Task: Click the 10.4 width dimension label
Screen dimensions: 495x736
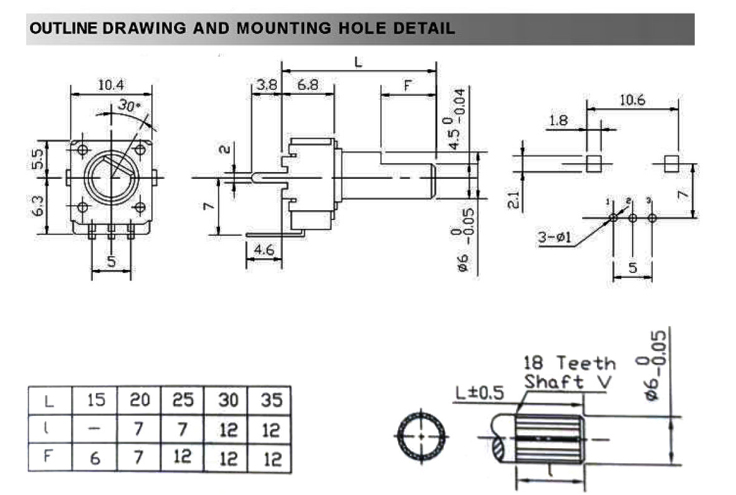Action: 111,85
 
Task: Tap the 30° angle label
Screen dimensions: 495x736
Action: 130,107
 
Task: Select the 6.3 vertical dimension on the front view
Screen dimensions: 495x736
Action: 39,206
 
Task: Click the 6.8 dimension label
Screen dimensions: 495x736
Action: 307,85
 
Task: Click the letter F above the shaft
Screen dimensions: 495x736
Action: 408,86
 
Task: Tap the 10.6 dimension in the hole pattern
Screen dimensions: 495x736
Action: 632,100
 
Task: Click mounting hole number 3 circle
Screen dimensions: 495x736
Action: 652,218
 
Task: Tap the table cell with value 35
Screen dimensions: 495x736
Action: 272,400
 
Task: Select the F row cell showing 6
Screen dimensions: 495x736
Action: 95,458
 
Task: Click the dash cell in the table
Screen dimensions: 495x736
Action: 95,430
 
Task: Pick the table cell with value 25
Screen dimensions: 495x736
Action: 183,400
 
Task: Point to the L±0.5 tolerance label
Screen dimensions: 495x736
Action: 479,393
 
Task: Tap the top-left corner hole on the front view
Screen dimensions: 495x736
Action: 82,149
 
